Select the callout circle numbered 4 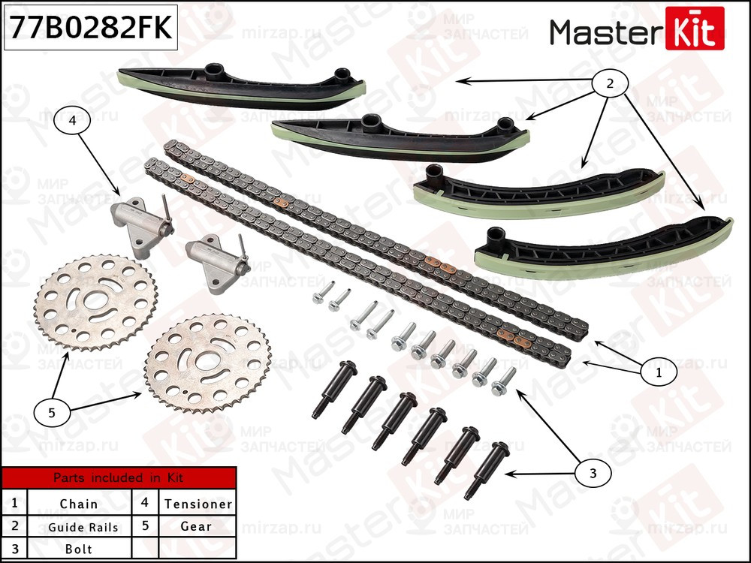pos(71,120)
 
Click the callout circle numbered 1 pos(658,371)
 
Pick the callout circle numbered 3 pos(593,473)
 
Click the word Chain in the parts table pos(79,504)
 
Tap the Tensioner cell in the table pos(198,504)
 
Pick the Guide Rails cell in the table pos(83,527)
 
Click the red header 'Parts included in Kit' pos(118,477)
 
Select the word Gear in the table pos(196,526)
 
